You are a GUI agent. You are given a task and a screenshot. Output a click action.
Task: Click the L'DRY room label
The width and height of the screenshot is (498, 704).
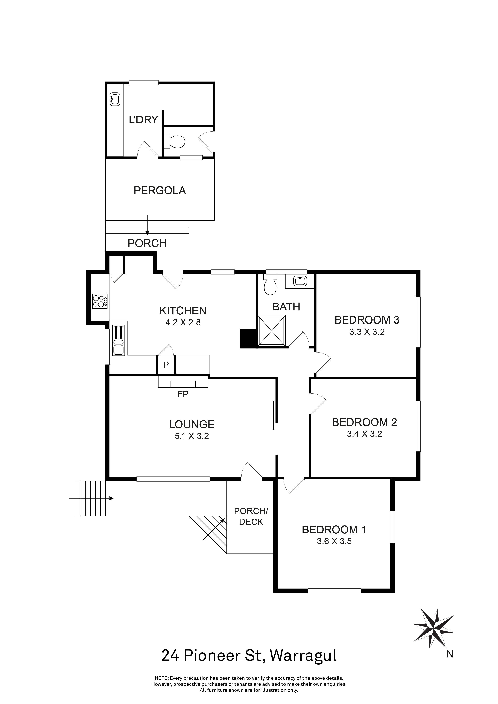coord(144,120)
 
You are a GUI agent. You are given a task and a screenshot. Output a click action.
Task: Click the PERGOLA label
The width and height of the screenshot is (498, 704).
coord(160,191)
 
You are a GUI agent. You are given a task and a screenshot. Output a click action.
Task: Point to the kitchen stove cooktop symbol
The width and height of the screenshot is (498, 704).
coord(100,301)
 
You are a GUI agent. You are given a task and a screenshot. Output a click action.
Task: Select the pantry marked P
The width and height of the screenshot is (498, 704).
coord(166,365)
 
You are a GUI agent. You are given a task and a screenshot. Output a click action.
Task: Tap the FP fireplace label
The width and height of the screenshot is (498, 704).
coord(183,394)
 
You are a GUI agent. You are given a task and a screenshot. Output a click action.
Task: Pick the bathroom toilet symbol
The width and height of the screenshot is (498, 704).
coord(270,286)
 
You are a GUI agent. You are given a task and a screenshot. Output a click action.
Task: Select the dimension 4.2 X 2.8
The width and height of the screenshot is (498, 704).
coord(183,322)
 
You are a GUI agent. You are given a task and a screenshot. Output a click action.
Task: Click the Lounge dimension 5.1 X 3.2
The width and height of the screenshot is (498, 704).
coord(192,436)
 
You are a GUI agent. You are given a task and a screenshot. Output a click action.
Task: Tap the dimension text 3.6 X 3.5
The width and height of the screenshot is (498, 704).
coord(334,541)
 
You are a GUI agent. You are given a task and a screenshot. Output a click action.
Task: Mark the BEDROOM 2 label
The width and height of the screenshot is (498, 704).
coord(364,422)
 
